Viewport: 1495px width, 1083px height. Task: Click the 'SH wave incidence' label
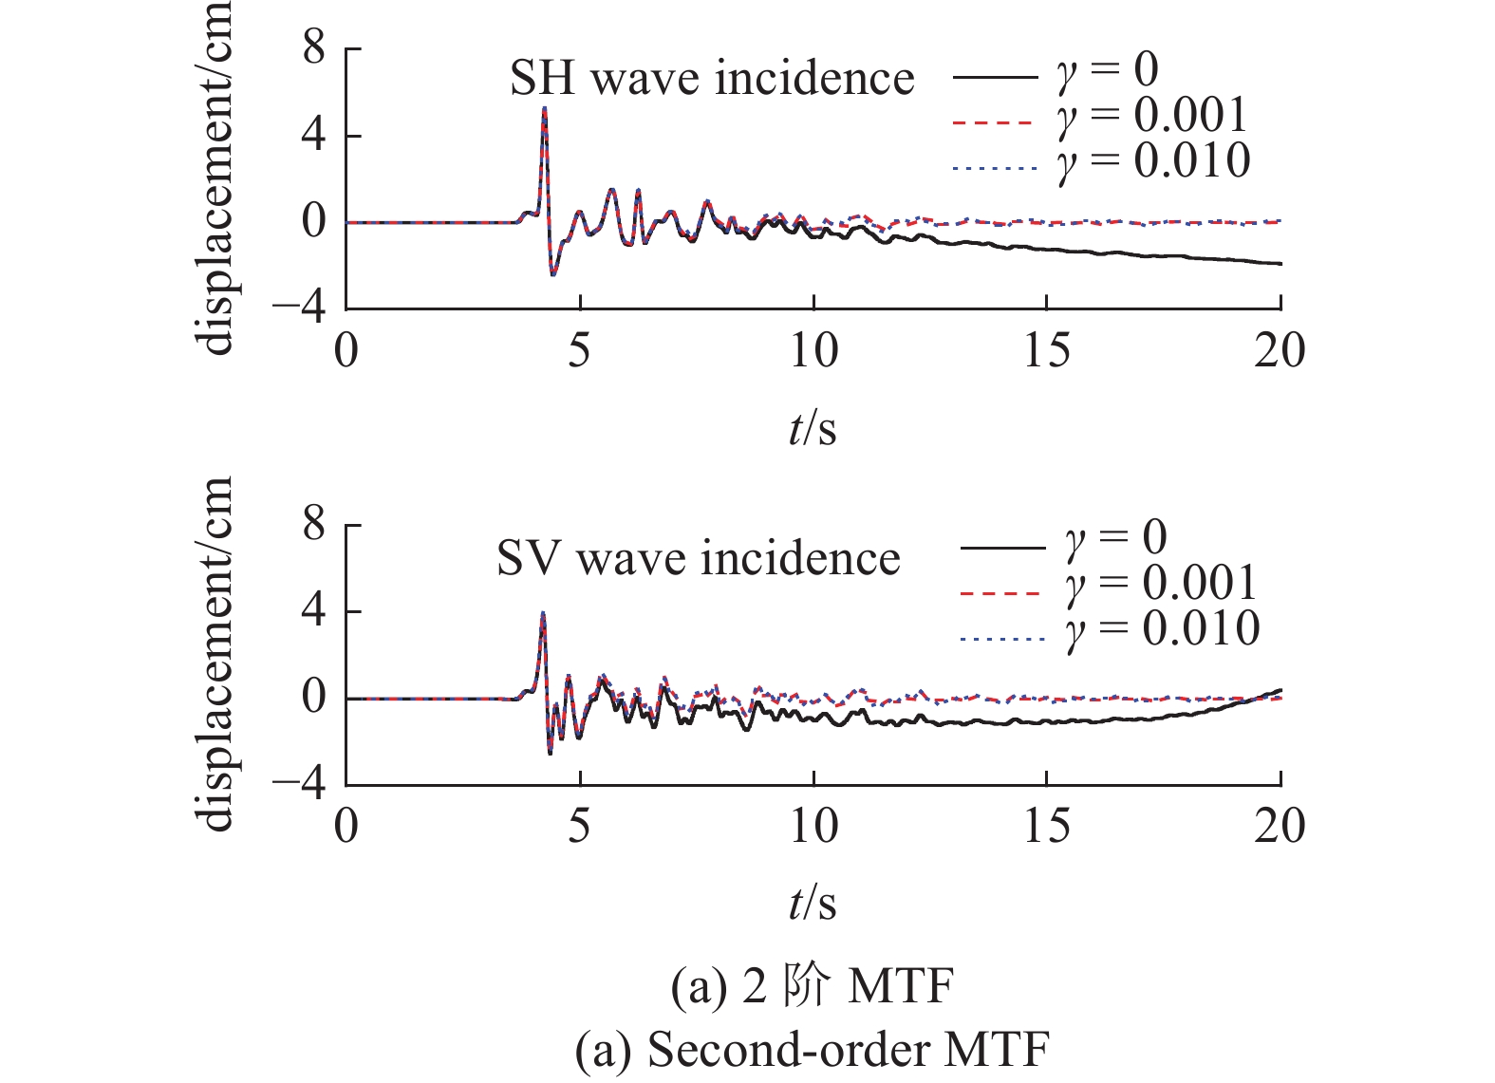[x=712, y=78]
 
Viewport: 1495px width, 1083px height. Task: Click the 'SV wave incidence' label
[x=698, y=558]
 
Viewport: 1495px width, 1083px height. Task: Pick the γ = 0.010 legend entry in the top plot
[x=1100, y=161]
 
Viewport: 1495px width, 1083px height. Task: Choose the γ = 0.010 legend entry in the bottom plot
[x=1110, y=629]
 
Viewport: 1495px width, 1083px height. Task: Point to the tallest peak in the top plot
[x=544, y=109]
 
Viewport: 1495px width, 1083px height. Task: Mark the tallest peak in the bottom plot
[x=543, y=613]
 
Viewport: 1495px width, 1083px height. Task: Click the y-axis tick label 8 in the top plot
[x=313, y=47]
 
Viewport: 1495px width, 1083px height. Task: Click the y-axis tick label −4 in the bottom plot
[x=299, y=784]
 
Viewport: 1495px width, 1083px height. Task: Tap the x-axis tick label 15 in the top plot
[x=1046, y=352]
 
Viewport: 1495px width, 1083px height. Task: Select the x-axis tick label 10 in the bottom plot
[x=813, y=828]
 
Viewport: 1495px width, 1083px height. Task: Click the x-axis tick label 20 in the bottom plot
[x=1279, y=828]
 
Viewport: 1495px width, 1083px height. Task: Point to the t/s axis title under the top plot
[x=813, y=428]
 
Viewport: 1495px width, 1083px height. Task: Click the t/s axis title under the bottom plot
[x=813, y=904]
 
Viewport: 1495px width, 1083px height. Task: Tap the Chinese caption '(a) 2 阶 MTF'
[x=813, y=987]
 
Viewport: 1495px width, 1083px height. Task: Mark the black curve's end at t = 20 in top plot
[x=1280, y=263]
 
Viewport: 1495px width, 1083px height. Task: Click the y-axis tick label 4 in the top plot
[x=313, y=135]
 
